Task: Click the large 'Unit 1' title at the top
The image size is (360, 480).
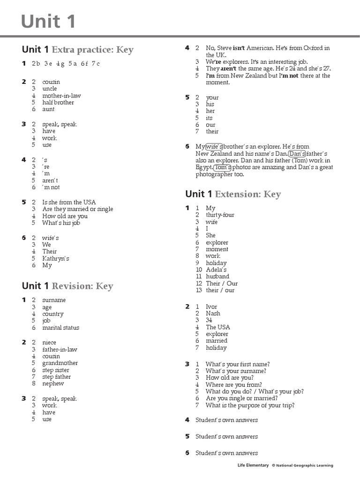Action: (48, 22)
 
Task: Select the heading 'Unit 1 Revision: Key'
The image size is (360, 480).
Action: (67, 286)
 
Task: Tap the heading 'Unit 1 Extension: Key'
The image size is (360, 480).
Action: (233, 194)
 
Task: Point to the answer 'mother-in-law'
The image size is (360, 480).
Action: (61, 96)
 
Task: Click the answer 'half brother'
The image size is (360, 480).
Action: (58, 102)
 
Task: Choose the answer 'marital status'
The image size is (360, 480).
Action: (60, 328)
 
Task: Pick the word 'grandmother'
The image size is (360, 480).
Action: (60, 363)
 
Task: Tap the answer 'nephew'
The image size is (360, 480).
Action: (53, 383)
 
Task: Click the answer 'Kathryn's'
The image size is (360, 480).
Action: (55, 258)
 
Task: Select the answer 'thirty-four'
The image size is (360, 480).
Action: (220, 215)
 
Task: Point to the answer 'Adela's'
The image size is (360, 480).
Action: (216, 270)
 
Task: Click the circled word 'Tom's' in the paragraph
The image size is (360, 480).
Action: (223, 167)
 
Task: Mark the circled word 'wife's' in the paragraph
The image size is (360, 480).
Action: (214, 147)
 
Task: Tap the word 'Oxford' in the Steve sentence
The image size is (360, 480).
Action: (314, 48)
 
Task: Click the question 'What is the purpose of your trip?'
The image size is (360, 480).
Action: (250, 405)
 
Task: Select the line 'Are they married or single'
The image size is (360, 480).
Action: (77, 209)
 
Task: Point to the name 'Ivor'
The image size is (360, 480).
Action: (211, 307)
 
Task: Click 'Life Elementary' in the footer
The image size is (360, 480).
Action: (253, 465)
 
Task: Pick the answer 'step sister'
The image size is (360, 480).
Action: (56, 370)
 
